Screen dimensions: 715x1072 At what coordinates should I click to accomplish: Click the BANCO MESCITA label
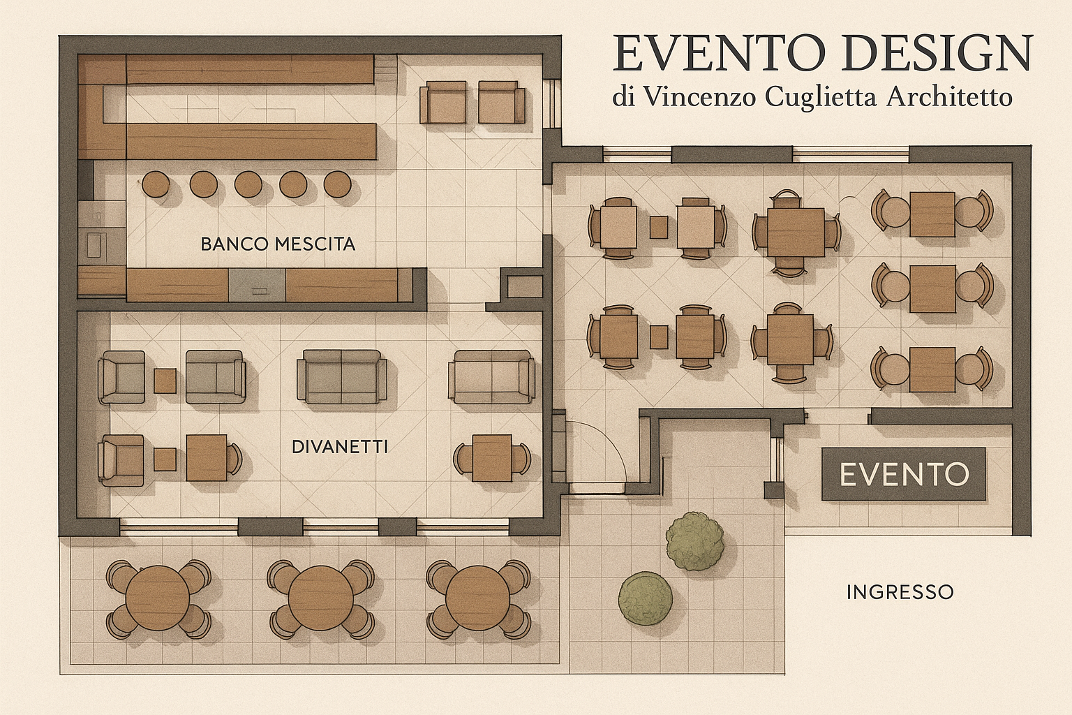(278, 244)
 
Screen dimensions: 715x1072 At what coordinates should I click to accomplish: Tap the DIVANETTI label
(340, 447)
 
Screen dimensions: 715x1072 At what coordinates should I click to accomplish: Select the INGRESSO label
(900, 592)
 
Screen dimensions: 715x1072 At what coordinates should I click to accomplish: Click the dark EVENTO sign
(904, 475)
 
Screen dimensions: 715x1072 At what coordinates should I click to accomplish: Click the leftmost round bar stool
(155, 184)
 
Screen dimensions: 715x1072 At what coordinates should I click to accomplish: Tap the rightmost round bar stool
(338, 184)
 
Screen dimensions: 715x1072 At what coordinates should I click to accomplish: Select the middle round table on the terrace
(318, 598)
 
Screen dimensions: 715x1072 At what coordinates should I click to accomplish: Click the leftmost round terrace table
(158, 598)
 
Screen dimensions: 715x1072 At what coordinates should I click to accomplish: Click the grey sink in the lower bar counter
(257, 286)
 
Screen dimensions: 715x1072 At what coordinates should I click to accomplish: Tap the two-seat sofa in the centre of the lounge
(341, 378)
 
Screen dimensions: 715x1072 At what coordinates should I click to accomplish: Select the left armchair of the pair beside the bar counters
(443, 102)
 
